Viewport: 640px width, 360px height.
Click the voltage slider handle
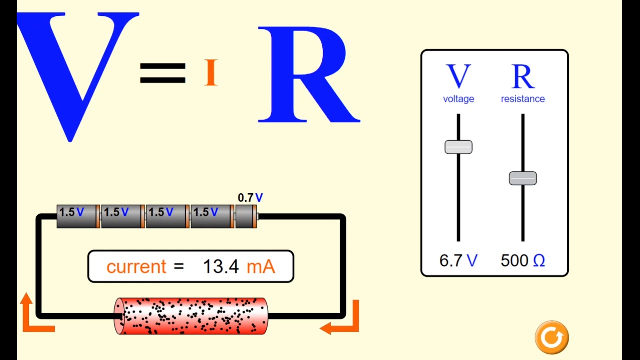[458, 147]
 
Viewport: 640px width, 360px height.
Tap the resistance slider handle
[523, 178]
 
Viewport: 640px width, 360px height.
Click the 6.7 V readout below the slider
[458, 260]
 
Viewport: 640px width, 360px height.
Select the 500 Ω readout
[523, 260]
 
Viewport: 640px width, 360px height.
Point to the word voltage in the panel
[458, 99]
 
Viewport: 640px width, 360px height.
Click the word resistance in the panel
[523, 99]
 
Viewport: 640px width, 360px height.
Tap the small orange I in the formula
[211, 73]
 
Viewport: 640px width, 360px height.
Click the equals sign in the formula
[163, 73]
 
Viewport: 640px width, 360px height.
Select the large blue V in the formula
[77, 70]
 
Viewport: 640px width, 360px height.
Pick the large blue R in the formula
[307, 75]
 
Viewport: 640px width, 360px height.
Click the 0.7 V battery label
[250, 198]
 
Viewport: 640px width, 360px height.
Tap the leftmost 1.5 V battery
[78, 216]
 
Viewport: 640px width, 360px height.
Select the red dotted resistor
[191, 316]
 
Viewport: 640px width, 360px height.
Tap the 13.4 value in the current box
[221, 267]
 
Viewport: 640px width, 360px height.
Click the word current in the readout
[136, 267]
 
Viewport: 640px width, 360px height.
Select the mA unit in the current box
[261, 267]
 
